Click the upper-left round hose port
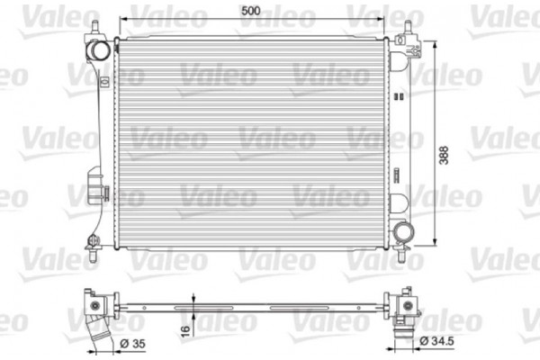point(102,49)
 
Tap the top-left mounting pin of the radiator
point(93,28)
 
